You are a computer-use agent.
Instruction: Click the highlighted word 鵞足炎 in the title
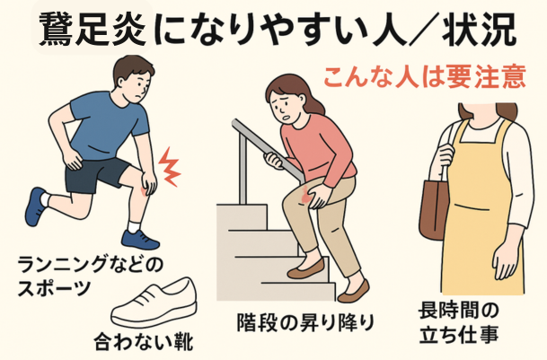tap(93, 30)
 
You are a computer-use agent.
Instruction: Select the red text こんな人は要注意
tap(425, 76)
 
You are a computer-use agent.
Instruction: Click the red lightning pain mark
tap(170, 167)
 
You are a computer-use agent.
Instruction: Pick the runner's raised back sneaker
tap(35, 206)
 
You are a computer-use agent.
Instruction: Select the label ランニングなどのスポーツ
tap(91, 276)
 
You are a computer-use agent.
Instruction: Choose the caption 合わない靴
tap(144, 341)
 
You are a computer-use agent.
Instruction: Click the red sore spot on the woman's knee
tap(306, 195)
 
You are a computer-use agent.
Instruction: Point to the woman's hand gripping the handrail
tap(274, 160)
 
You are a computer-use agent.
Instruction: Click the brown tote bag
tap(433, 208)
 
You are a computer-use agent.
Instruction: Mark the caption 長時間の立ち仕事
tap(459, 322)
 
